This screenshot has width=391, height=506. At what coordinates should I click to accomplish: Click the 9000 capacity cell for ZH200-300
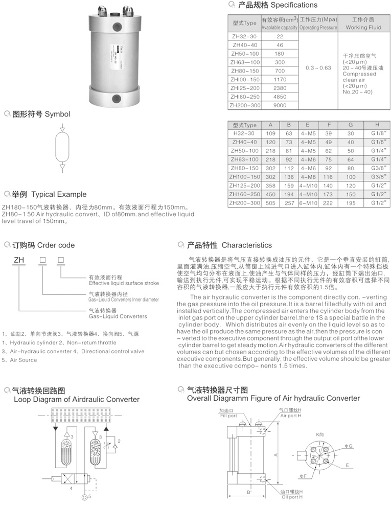click(280, 105)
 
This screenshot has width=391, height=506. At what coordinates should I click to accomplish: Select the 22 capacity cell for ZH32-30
click(280, 37)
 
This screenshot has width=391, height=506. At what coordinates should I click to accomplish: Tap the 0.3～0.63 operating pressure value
click(318, 67)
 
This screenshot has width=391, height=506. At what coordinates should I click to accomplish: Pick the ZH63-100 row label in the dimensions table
click(244, 159)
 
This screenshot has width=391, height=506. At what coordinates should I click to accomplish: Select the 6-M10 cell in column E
click(308, 203)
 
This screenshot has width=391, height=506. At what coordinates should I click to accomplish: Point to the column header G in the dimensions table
click(351, 125)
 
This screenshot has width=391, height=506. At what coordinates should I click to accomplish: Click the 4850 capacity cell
click(280, 97)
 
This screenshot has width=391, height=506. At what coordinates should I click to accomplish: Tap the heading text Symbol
click(57, 114)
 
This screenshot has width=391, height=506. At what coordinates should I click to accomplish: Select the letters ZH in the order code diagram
click(19, 260)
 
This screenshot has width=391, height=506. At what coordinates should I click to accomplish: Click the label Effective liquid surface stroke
click(124, 283)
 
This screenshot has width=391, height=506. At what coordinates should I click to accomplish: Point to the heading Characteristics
click(247, 245)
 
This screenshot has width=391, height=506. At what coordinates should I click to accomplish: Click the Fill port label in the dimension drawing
click(228, 416)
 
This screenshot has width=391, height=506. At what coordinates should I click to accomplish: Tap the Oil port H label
click(291, 497)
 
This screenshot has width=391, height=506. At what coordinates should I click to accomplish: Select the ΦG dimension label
click(349, 446)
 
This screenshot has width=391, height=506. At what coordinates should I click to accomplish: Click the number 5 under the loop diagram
click(90, 496)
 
